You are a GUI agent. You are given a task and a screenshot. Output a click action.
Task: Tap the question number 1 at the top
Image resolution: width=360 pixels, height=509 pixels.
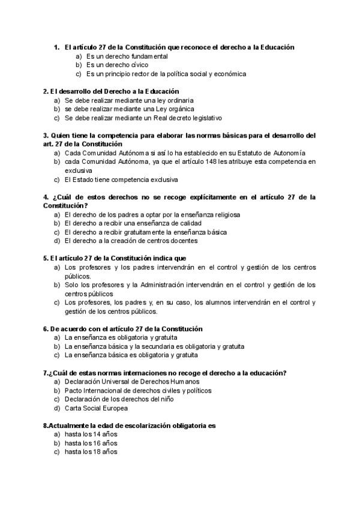(x=56, y=47)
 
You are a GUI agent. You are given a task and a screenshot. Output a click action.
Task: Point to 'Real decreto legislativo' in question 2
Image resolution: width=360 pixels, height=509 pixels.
(x=187, y=118)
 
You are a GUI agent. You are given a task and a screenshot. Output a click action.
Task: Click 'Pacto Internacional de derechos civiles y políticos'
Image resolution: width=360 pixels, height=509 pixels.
(x=138, y=390)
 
